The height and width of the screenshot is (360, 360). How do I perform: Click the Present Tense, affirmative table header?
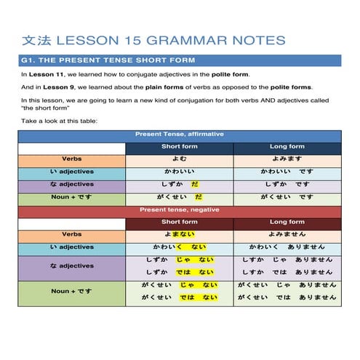click(179, 135)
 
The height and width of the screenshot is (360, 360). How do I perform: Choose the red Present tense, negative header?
click(179, 210)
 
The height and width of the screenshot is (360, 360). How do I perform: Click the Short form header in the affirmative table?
click(179, 147)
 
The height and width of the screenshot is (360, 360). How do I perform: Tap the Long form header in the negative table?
click(287, 223)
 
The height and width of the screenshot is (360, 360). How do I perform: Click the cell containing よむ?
click(179, 159)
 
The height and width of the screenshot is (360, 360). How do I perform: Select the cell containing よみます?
click(287, 159)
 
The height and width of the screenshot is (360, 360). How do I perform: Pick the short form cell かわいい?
click(179, 172)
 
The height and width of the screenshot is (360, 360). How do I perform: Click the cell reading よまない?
click(179, 235)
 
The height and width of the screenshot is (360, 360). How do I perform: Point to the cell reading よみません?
click(287, 235)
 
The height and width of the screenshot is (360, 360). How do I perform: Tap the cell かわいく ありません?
click(287, 247)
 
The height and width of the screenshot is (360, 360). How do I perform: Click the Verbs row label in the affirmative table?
click(72, 159)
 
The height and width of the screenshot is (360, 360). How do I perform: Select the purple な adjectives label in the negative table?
click(72, 266)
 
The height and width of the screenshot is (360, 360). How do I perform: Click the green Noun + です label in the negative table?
click(72, 291)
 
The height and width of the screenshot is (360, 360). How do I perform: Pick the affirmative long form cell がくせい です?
click(287, 198)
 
